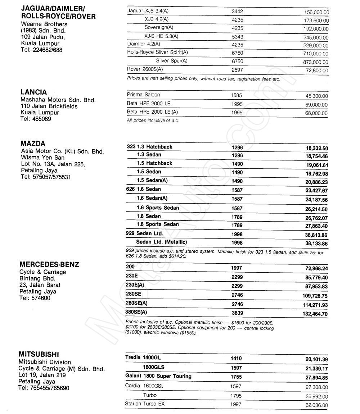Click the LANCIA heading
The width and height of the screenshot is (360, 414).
[34, 92]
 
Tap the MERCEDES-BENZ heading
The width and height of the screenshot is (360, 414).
[49, 265]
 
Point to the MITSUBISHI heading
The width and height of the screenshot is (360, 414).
[39, 354]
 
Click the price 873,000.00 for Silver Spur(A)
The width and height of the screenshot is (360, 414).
[316, 62]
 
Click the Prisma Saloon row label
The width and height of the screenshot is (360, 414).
[143, 95]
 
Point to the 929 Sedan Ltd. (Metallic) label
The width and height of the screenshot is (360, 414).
[161, 242]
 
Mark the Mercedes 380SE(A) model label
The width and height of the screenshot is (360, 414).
[136, 312]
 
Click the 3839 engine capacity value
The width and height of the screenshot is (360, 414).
[237, 313]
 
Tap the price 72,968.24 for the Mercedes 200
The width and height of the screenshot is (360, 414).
[315, 269]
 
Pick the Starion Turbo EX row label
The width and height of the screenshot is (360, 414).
[144, 404]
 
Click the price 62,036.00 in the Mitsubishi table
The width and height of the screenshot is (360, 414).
[315, 405]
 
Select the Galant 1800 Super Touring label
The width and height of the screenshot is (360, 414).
[158, 376]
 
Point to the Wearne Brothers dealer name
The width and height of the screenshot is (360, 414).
[44, 24]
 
